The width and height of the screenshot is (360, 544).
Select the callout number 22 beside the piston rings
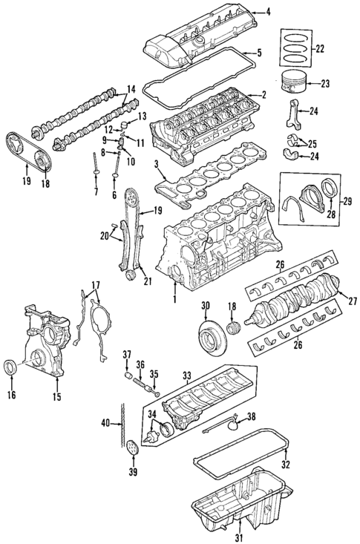[320, 49]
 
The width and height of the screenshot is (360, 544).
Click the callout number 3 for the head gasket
[157, 165]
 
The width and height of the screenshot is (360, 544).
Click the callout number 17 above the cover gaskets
[94, 285]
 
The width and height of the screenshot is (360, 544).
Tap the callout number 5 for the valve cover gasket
[259, 53]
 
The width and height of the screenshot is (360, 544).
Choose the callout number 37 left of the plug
[127, 353]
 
